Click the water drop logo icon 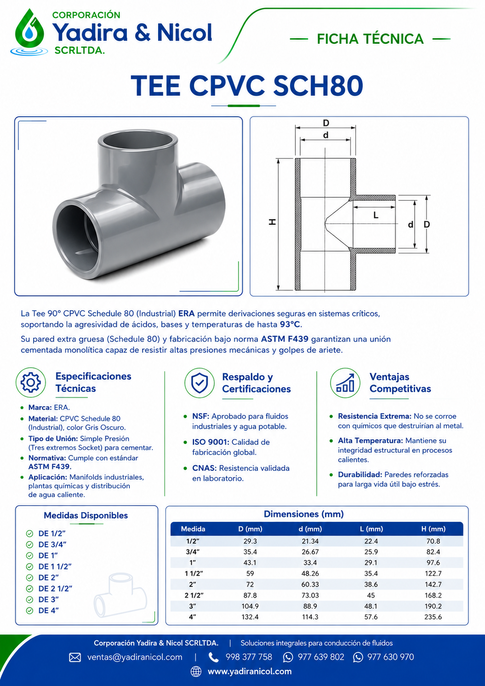coord(29,32)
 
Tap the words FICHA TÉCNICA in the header coord(370,39)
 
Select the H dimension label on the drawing coord(272,222)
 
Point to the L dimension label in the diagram coord(376,215)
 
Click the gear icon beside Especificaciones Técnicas coord(31,382)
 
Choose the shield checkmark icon coord(200,383)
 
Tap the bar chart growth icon coord(345,383)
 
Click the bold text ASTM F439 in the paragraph coord(285,340)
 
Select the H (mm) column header coord(434,529)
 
